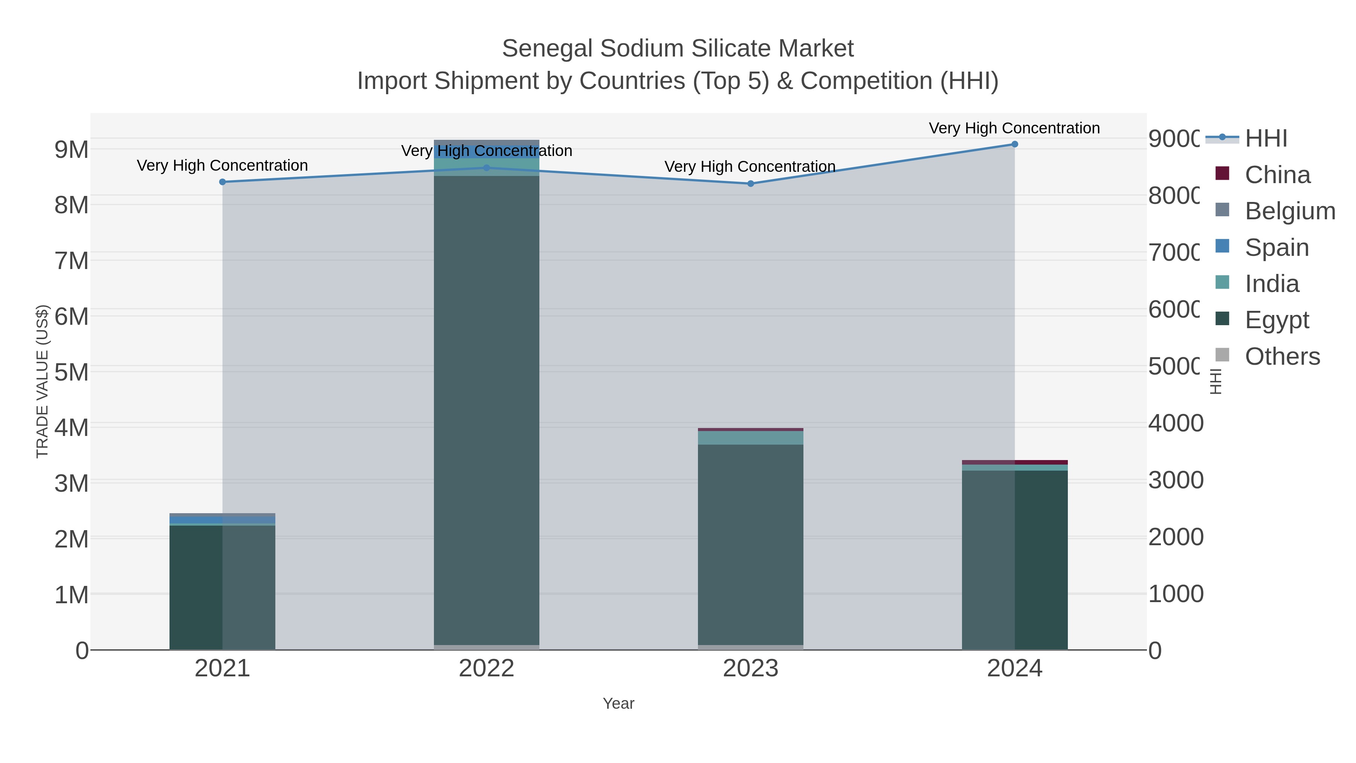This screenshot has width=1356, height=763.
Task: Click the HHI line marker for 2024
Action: [1014, 144]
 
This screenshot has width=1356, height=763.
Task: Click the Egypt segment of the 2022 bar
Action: [486, 411]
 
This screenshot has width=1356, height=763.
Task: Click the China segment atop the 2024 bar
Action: [1015, 462]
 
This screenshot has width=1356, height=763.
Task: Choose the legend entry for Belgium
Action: [1290, 211]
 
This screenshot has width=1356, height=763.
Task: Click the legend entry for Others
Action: [1282, 356]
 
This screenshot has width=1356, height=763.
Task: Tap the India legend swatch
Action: [1222, 282]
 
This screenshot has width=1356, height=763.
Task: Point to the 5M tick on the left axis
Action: [72, 372]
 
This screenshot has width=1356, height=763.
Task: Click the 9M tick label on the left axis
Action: [72, 150]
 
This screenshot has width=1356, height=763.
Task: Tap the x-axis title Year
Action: [618, 703]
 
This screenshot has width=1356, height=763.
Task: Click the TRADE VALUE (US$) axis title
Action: [42, 381]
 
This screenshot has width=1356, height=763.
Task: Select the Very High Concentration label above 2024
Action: [1014, 128]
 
